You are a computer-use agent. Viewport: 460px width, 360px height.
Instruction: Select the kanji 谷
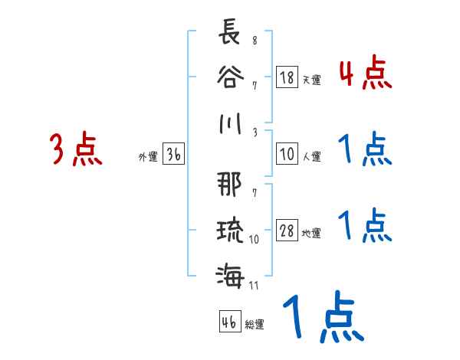tap(229, 78)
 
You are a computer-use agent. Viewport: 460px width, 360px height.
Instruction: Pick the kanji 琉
tap(229, 227)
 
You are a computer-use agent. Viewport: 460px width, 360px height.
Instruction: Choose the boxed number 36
tap(173, 155)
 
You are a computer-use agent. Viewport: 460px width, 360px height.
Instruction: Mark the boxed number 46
tap(228, 322)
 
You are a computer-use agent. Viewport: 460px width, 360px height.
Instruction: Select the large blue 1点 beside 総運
tap(323, 319)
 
